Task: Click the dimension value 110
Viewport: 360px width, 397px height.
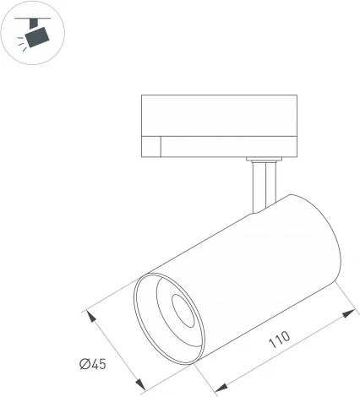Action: (x=278, y=340)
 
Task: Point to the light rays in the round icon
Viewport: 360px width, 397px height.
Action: (x=23, y=48)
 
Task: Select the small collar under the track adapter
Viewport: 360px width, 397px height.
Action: (x=263, y=159)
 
